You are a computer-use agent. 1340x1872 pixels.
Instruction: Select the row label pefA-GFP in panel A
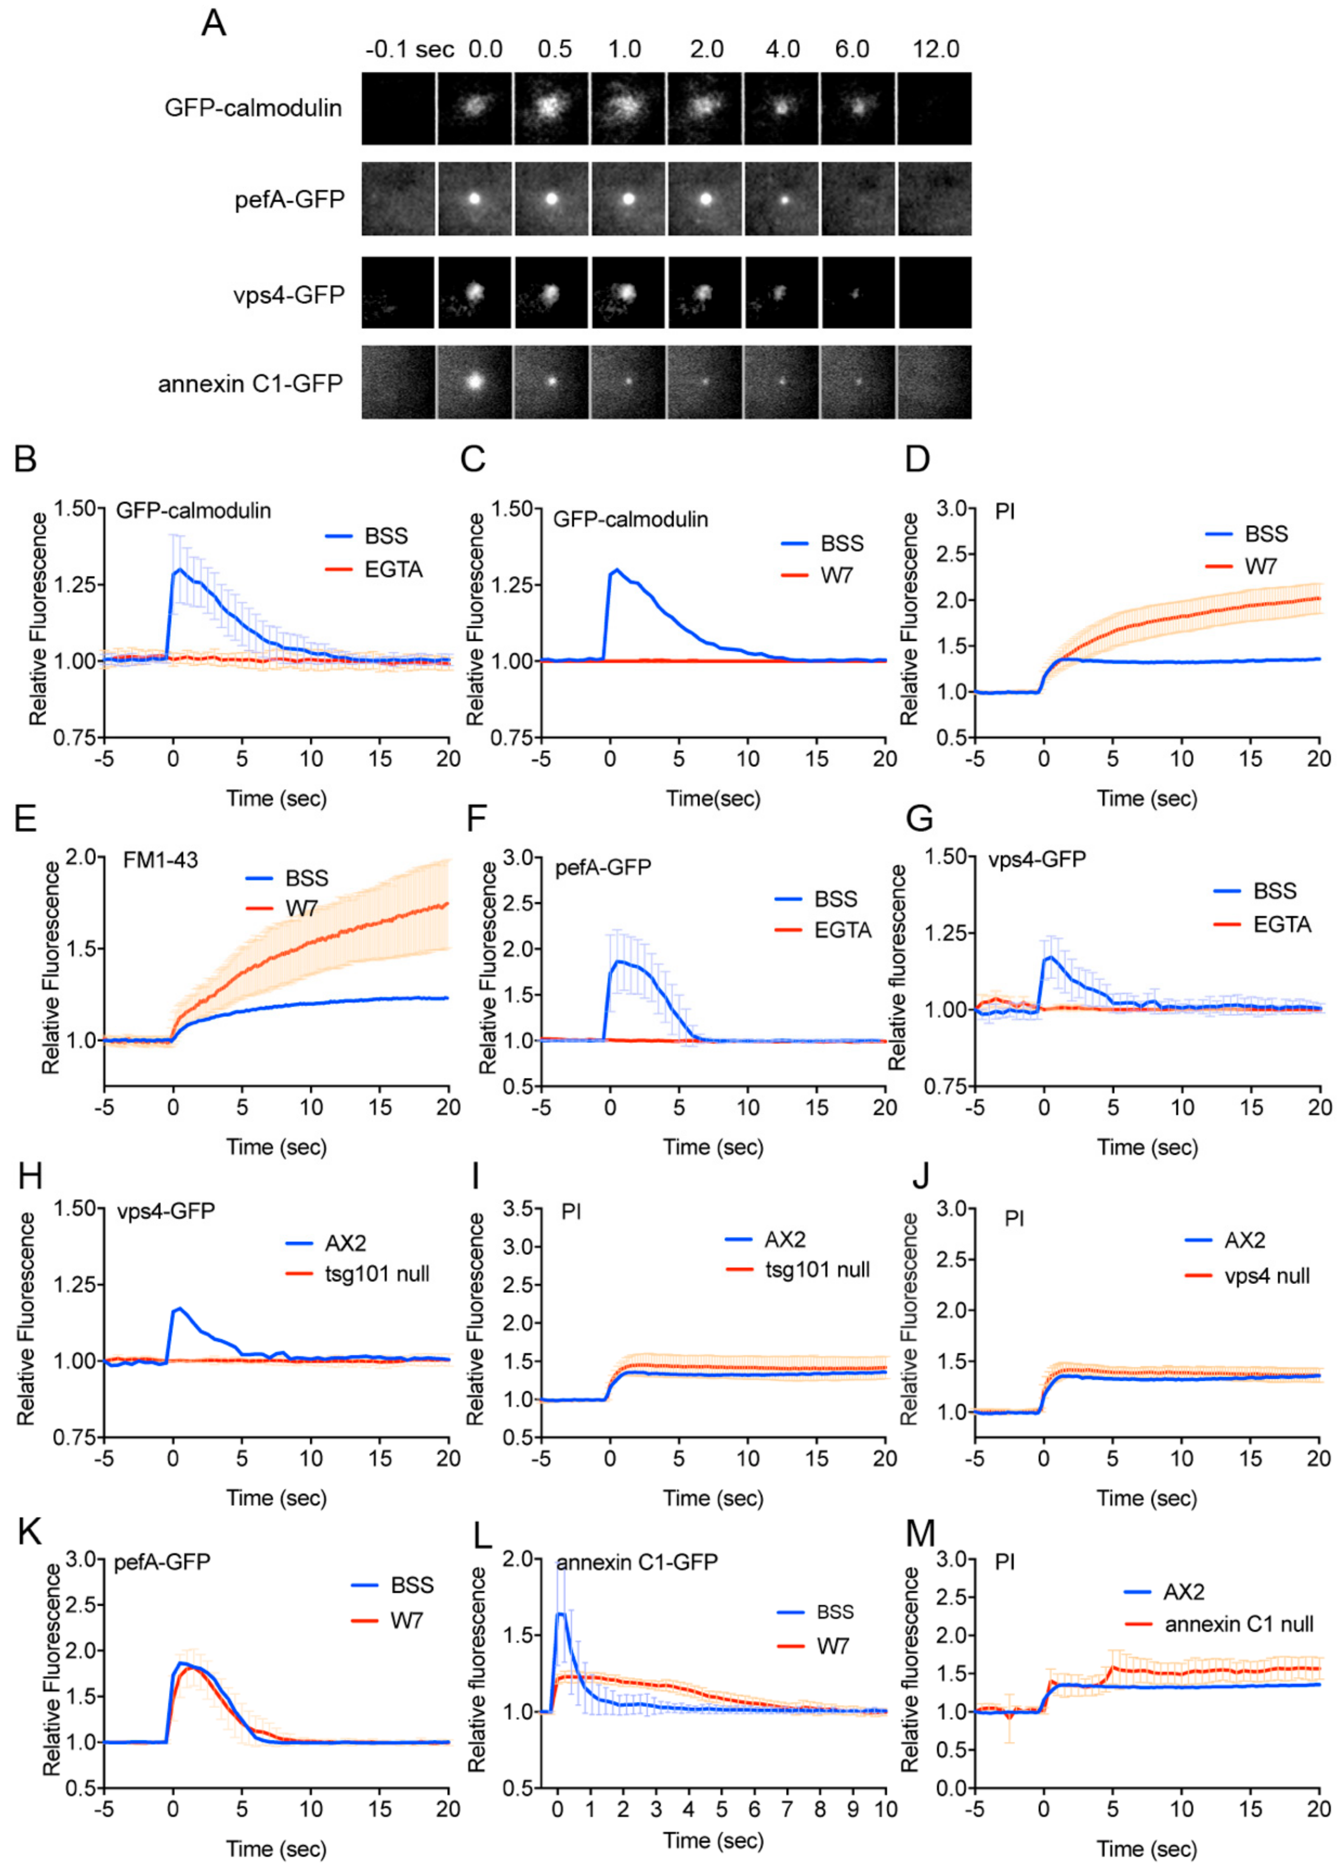click(x=290, y=200)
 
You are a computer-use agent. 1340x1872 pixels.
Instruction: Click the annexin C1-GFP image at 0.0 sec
click(x=474, y=382)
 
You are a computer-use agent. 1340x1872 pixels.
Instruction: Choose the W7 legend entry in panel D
click(x=1242, y=566)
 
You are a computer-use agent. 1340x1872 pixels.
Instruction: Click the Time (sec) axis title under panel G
click(x=1147, y=1147)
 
